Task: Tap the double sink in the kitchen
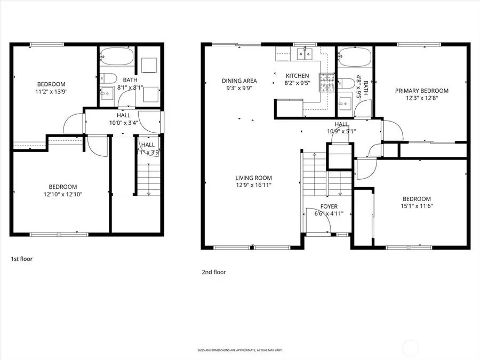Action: tap(305, 53)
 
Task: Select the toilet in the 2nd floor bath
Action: tap(346, 83)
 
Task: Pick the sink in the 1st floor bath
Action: tap(107, 93)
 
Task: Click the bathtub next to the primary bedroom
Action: tap(353, 56)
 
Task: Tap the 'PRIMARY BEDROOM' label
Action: tap(421, 91)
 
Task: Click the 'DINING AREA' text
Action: tap(239, 81)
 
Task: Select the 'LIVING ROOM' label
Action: tap(254, 178)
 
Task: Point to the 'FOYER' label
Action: tap(329, 206)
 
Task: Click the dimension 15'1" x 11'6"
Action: tap(416, 205)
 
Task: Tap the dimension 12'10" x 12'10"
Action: tap(62, 194)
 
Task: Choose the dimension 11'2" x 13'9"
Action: tap(51, 91)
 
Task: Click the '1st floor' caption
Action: tap(22, 259)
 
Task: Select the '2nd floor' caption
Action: tap(213, 272)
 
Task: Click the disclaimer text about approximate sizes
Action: tap(239, 350)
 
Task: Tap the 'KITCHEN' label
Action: tap(297, 76)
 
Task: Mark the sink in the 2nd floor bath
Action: tap(343, 99)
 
